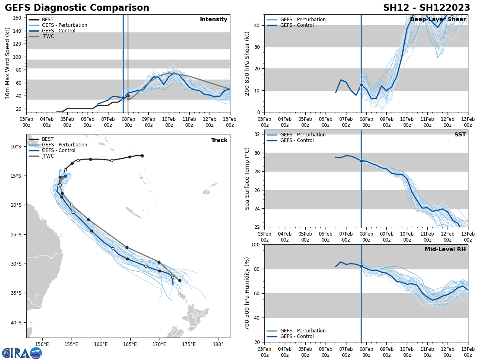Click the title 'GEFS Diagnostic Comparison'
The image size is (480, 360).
pos(77,8)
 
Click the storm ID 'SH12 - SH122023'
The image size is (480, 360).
pos(426,8)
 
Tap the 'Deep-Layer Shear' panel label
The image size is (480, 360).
pos(438,20)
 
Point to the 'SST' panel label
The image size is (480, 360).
pos(460,135)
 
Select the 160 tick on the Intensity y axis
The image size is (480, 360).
pos(18,18)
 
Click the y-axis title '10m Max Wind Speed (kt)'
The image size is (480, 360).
pos(8,63)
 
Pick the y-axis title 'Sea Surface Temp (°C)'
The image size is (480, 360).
pos(247,178)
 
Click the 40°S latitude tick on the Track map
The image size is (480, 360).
pos(16,322)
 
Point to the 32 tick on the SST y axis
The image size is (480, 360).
pos(258,134)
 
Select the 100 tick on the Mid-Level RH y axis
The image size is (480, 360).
pos(257,245)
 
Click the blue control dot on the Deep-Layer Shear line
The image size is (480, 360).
pos(361,85)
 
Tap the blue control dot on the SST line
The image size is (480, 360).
pos(361,161)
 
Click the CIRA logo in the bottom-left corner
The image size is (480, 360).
pos(22,353)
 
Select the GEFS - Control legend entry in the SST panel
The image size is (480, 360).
pos(297,140)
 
